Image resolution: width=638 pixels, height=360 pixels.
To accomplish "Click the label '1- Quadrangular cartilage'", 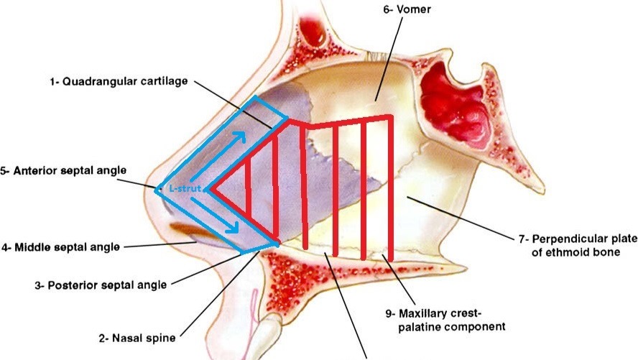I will click(x=119, y=82).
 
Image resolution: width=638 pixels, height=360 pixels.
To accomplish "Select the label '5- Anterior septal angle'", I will click(x=64, y=171).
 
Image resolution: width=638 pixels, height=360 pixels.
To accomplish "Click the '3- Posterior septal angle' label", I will click(x=100, y=285).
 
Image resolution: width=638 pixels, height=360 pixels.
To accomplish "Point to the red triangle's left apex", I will click(x=211, y=190).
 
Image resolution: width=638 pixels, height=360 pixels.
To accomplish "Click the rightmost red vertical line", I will click(x=390, y=187).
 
